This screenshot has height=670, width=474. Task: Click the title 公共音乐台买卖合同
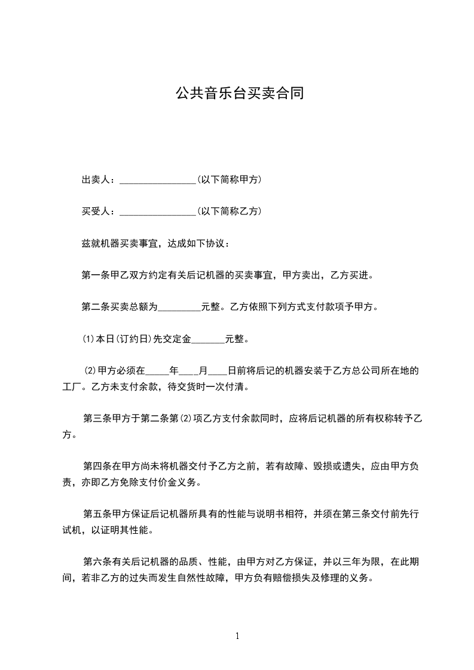pyautogui.click(x=237, y=93)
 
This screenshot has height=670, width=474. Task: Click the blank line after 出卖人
pyautogui.click(x=158, y=180)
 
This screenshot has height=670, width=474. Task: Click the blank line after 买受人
pyautogui.click(x=158, y=212)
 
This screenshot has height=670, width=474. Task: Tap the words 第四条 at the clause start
pyautogui.click(x=96, y=466)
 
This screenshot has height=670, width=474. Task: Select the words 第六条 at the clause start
pyautogui.click(x=96, y=561)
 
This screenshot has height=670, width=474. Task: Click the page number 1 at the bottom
pyautogui.click(x=237, y=636)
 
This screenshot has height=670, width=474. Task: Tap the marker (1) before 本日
pyautogui.click(x=89, y=340)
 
